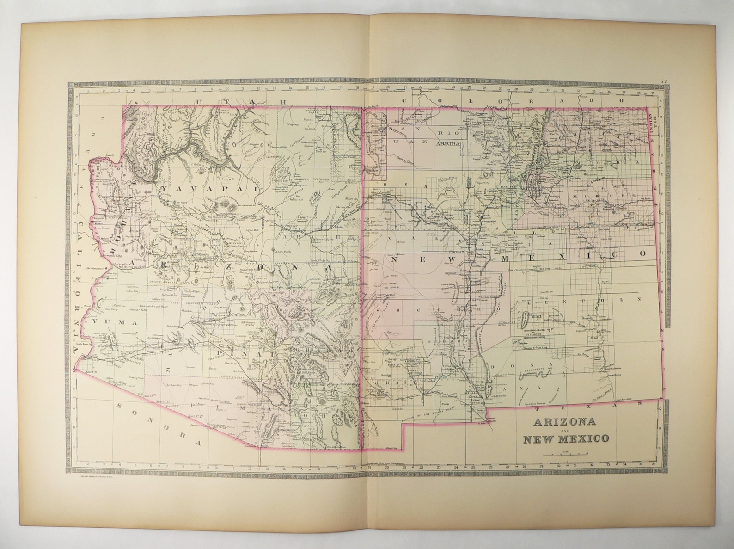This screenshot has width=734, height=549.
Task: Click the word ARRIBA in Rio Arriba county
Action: pos(448,144)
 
